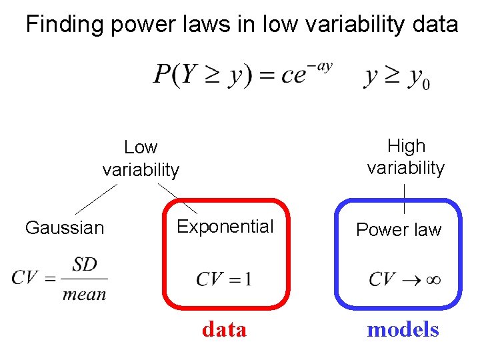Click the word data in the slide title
(x=435, y=25)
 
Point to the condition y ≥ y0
(x=397, y=77)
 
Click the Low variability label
(x=141, y=158)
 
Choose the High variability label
(x=405, y=157)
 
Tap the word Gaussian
(x=65, y=228)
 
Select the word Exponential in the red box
(x=225, y=227)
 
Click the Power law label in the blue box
(x=399, y=230)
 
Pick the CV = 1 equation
(x=223, y=279)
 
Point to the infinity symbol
(x=433, y=279)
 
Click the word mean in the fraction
(x=84, y=293)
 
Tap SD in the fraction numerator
(x=85, y=265)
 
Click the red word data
(x=224, y=329)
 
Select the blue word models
(x=403, y=329)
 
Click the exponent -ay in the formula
(x=322, y=66)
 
